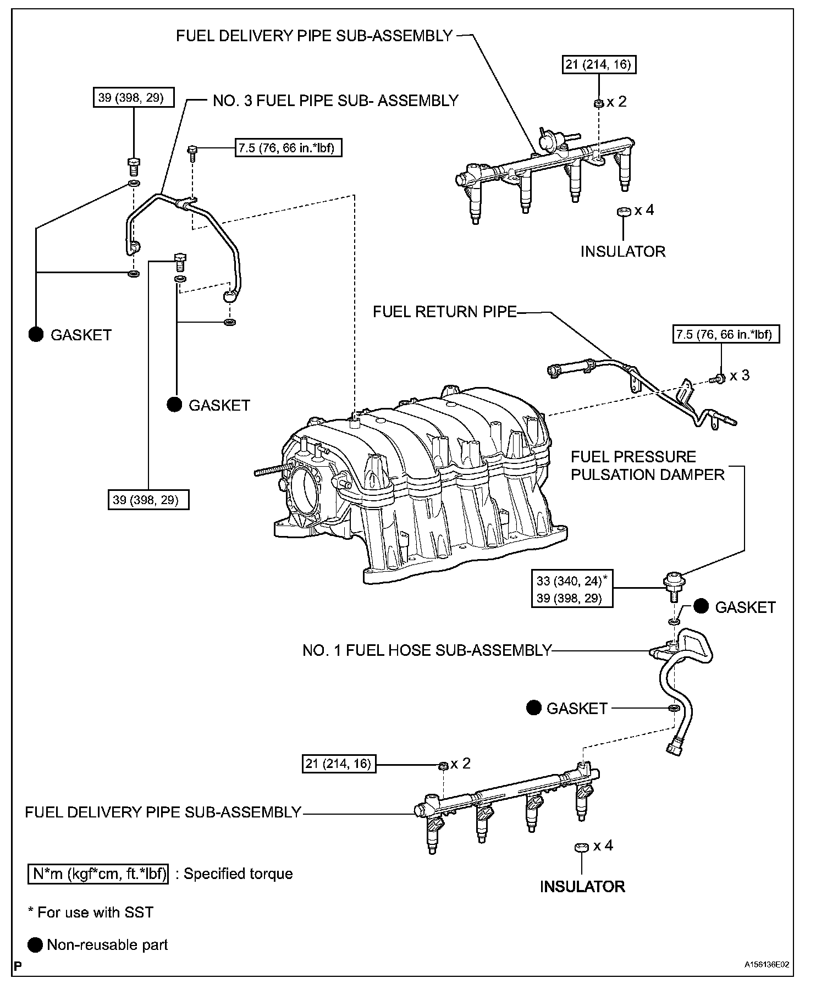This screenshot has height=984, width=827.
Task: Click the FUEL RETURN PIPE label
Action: click(x=444, y=312)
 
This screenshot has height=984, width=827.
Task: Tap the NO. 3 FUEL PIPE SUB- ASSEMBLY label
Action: click(x=335, y=101)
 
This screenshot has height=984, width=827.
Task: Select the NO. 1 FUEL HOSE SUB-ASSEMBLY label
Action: click(x=427, y=650)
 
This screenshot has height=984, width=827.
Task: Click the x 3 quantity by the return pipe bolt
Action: click(x=740, y=375)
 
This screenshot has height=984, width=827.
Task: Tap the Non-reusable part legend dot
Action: click(x=36, y=944)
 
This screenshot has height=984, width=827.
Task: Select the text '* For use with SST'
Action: click(x=91, y=913)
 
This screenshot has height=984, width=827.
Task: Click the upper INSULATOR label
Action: click(x=623, y=251)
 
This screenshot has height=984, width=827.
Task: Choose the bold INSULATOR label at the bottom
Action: click(x=582, y=902)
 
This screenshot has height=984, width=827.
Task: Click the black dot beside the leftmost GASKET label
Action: click(x=36, y=334)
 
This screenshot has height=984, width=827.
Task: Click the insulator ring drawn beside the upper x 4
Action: click(x=624, y=212)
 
